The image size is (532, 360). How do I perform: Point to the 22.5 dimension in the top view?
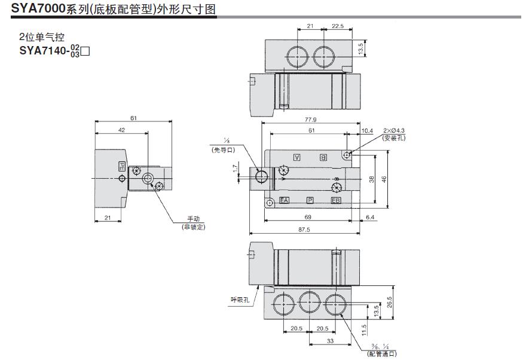tap(338, 26)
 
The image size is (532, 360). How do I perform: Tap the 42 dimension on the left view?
tap(121, 129)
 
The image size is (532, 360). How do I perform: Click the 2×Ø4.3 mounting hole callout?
tap(394, 130)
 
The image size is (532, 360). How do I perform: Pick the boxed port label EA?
tap(285, 200)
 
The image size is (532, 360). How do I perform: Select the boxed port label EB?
tap(336, 200)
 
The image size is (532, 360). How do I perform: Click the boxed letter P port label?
tap(310, 200)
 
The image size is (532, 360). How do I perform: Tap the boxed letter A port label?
tap(296, 157)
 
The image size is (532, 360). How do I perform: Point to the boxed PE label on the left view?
tap(121, 167)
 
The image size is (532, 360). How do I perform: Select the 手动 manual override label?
tap(194, 219)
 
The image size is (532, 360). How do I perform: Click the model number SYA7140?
tap(44, 50)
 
